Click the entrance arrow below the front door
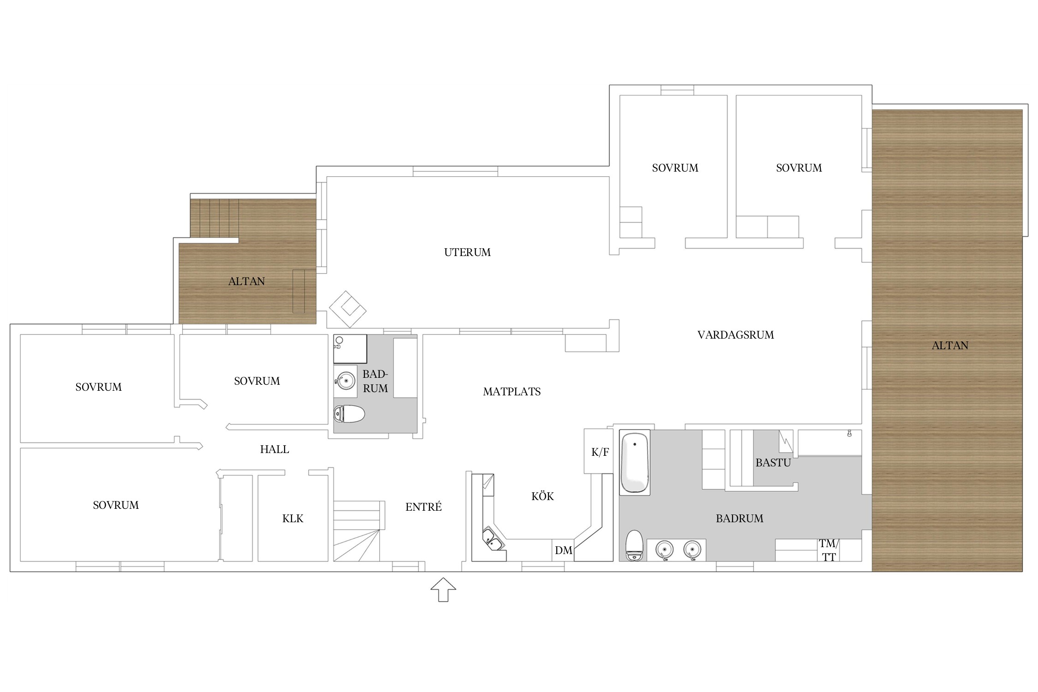pos(443,590)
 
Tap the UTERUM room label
pos(467,252)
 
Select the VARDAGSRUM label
pos(735,335)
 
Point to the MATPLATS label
pos(512,392)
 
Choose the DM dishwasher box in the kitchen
pos(563,550)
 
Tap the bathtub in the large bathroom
pos(635,463)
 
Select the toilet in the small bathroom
pos(349,414)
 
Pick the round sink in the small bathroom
pos(345,381)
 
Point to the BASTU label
pos(773,463)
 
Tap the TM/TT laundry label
pos(829,550)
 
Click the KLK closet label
pos(292,519)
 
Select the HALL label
pos(274,449)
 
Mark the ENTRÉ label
pos(424,507)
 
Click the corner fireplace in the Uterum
pos(347,309)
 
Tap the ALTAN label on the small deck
pos(246,281)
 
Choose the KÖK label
pos(543,496)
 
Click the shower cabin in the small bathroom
pos(350,349)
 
